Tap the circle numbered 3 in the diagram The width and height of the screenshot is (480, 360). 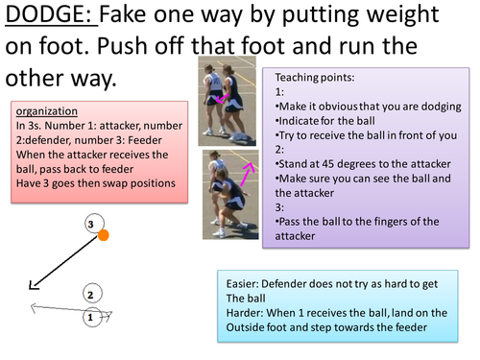point(91,225)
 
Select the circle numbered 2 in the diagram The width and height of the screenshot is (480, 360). point(89,295)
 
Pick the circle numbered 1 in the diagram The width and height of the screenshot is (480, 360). point(89,316)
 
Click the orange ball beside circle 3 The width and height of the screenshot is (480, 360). point(104,234)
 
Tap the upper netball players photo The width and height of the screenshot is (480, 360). point(222,100)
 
